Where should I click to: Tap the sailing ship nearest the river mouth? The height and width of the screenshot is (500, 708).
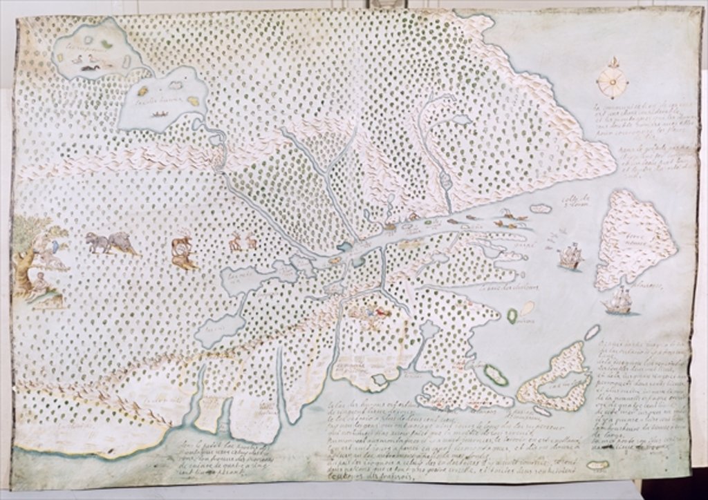[570, 257]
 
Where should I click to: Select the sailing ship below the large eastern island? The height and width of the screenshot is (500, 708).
[617, 300]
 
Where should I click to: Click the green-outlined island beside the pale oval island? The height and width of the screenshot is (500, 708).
[513, 316]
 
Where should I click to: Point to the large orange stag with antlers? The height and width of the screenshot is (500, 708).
[183, 252]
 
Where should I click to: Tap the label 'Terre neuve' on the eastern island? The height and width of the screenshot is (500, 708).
[635, 228]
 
